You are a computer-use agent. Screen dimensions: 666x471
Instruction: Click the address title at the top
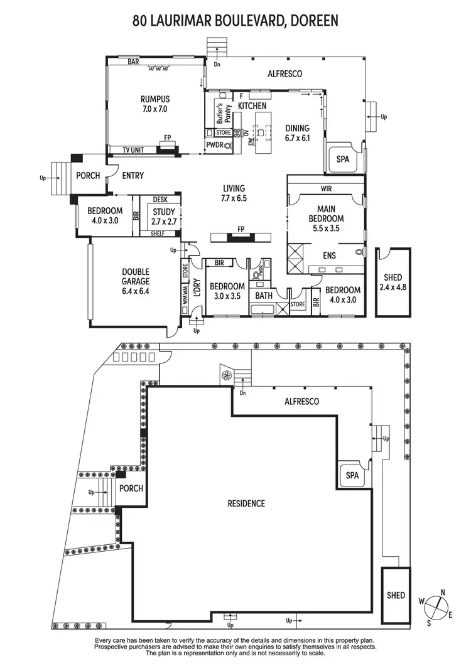(x=235, y=20)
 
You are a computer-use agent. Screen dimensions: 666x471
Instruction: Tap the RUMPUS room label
(x=154, y=99)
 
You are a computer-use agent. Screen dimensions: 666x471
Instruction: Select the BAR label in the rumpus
(x=133, y=62)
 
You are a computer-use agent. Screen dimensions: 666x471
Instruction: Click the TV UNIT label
(x=130, y=150)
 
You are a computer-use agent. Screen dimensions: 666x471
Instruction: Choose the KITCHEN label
(x=252, y=106)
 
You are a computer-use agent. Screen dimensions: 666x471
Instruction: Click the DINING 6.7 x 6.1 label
(x=297, y=132)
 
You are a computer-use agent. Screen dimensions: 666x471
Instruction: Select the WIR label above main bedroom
(x=325, y=188)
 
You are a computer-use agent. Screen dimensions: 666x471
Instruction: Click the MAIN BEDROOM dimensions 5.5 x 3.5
(x=326, y=229)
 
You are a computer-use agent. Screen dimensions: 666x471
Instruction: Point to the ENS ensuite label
(x=329, y=255)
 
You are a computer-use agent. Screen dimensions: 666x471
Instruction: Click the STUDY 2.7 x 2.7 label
(x=163, y=217)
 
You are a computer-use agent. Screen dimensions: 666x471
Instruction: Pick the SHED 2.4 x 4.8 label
(x=392, y=282)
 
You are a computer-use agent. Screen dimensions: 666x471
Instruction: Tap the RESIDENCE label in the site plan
(x=246, y=503)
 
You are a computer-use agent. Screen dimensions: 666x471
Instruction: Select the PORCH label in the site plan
(x=131, y=488)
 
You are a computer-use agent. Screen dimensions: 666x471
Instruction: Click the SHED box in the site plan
(x=396, y=594)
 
